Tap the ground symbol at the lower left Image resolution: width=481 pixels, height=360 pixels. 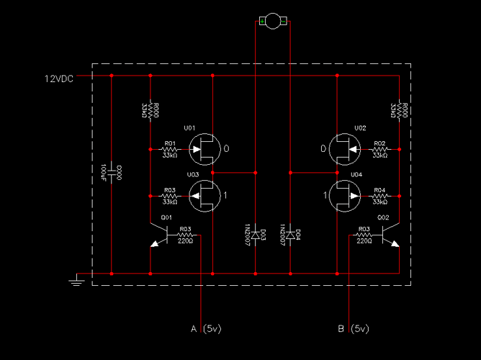(75, 279)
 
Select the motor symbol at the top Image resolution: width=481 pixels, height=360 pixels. (273, 22)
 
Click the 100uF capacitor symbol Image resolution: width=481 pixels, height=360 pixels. (112, 174)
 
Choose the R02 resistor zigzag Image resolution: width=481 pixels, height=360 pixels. (379, 150)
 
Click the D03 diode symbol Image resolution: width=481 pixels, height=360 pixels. (256, 235)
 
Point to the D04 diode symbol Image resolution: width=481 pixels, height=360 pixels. (289, 235)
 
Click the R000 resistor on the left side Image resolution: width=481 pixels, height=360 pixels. (150, 110)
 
